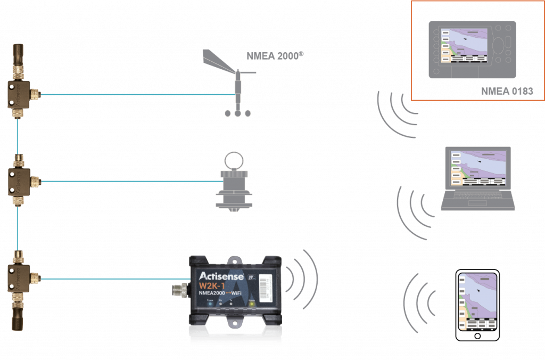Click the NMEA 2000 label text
coord(274,56)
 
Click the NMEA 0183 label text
coord(506,91)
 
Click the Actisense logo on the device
coord(221,276)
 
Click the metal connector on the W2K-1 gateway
coord(178,291)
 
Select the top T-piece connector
coord(19,94)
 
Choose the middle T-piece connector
coord(19,181)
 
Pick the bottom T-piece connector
coord(19,277)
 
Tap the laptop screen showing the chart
coord(477,168)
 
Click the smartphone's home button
coord(477,336)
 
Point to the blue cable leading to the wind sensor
coord(133,95)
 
